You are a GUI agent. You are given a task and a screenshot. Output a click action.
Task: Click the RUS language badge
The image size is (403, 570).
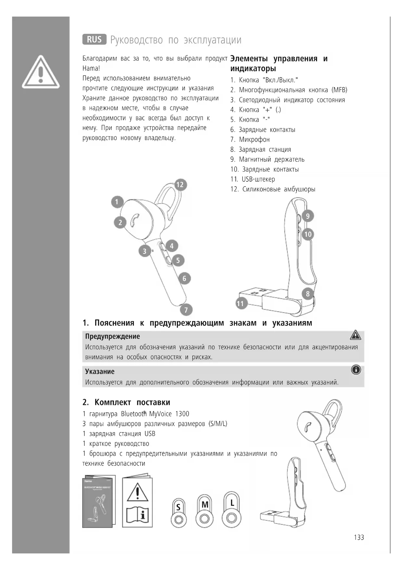click(94, 39)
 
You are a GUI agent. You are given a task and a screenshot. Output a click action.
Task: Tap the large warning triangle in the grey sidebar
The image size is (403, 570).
click(41, 72)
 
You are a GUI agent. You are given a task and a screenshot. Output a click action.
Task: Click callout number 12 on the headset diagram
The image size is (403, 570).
click(180, 185)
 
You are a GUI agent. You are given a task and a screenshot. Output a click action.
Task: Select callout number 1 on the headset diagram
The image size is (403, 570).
click(117, 202)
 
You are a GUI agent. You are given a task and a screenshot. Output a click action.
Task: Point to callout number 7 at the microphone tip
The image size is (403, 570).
click(186, 310)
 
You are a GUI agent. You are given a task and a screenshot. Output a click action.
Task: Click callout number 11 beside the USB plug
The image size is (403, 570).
click(240, 304)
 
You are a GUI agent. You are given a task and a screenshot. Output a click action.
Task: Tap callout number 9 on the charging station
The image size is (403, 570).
click(308, 216)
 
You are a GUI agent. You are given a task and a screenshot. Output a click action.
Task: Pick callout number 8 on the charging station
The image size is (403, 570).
click(308, 294)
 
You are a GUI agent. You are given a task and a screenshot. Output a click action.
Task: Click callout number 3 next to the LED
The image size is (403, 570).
click(145, 251)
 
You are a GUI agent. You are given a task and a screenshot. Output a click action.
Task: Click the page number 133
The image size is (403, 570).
click(359, 538)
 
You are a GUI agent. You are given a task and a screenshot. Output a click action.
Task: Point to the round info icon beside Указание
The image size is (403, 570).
click(356, 370)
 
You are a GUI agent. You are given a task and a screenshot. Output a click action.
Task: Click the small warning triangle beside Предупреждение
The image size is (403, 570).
click(356, 335)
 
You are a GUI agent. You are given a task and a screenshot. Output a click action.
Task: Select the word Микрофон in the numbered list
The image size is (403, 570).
click(254, 139)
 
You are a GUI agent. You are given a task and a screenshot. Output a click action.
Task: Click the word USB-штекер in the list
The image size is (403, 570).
click(258, 179)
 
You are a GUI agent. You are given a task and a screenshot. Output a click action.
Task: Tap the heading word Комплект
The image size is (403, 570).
click(113, 402)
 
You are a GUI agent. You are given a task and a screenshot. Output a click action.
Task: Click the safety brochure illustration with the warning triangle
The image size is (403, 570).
click(137, 502)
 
